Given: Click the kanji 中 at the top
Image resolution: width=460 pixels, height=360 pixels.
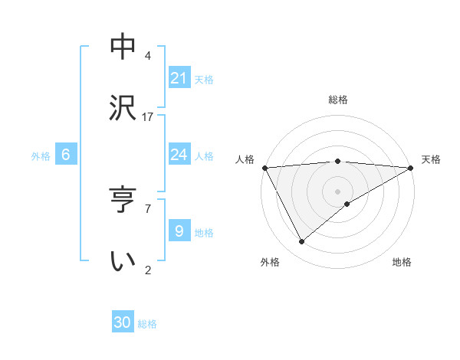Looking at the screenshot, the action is point(123,47).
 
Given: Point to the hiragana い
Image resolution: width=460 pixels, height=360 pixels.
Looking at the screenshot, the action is point(123,261).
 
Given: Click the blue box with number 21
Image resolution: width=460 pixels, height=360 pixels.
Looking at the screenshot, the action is point(179,78).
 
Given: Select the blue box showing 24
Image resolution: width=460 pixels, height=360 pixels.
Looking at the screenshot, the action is point(179,155).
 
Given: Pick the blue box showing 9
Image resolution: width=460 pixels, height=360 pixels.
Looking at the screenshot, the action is point(179,231).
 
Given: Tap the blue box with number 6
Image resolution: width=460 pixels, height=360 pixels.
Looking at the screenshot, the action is point(66,155).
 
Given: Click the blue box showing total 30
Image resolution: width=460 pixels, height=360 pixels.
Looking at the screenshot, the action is point(123,322).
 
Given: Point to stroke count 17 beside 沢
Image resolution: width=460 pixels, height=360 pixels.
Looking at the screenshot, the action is point(148,117).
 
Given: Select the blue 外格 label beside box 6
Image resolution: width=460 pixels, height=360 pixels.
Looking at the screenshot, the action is point(41,156).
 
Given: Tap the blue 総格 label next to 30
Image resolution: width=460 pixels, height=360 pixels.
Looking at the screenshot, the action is point(147,324).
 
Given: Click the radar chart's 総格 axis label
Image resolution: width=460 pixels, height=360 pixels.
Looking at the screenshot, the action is point(338,100).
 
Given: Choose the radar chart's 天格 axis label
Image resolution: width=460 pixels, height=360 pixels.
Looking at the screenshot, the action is point(431,159).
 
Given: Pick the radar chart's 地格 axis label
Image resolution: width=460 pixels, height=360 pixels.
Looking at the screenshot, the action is point(402,262).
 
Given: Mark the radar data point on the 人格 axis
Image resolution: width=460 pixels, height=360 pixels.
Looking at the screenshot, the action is point(265,168).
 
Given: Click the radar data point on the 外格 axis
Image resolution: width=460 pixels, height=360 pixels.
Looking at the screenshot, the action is point(302,242).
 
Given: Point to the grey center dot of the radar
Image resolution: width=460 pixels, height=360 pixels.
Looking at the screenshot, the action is point(338,191).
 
